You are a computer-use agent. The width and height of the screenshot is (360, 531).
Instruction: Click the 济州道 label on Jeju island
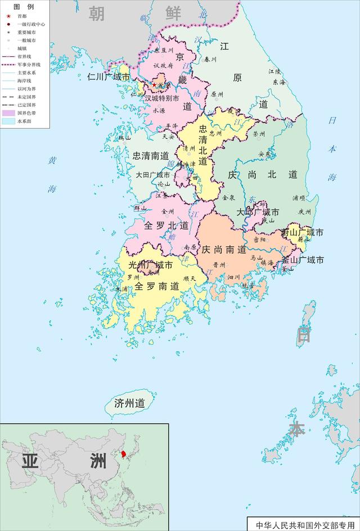tap(129, 403)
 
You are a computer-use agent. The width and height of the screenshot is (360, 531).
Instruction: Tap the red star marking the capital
tap(154, 85)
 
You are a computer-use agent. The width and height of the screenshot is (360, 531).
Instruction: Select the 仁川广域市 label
tap(109, 77)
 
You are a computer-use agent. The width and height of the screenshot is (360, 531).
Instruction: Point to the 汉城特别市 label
tap(162, 98)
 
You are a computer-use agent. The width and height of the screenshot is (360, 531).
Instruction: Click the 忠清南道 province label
tap(151, 156)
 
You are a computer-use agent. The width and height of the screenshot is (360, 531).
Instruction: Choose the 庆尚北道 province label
tap(262, 175)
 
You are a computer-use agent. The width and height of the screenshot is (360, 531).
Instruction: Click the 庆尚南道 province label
tap(224, 249)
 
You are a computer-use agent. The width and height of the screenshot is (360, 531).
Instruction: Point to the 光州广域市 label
tap(151, 264)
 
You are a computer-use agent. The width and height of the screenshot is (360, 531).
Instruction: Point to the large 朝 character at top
tap(96, 13)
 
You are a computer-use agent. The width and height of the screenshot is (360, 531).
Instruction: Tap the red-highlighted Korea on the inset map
tap(119, 453)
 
